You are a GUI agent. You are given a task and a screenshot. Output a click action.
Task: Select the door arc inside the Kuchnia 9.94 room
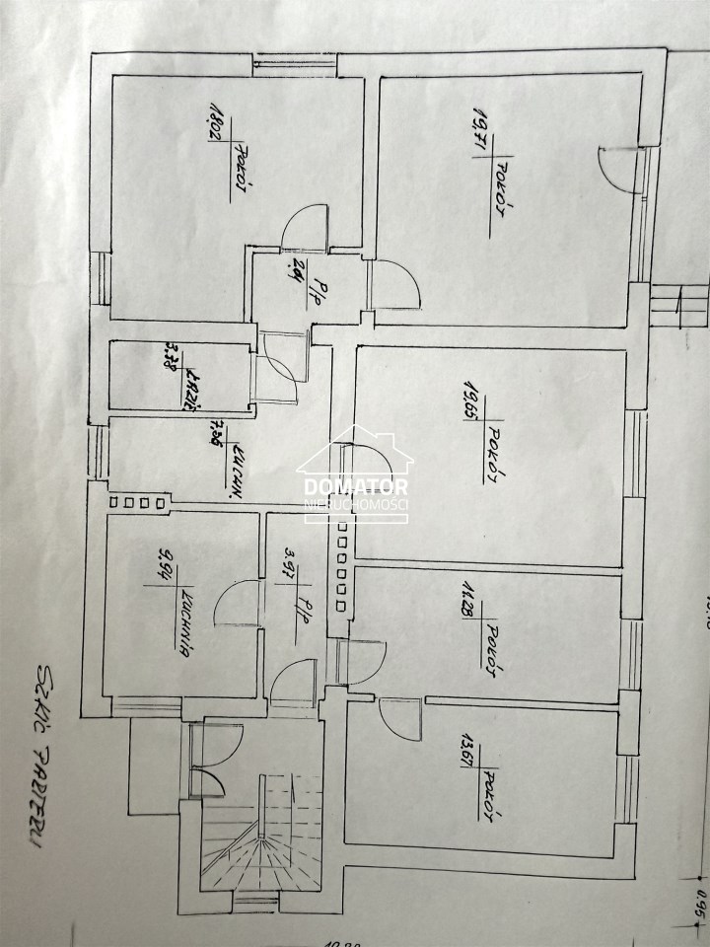pyautogui.click(x=238, y=603)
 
